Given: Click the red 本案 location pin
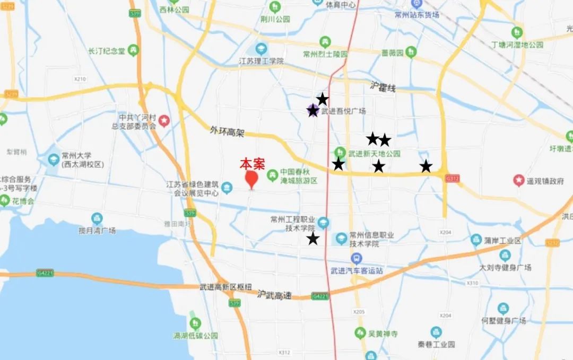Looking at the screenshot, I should [x=251, y=179].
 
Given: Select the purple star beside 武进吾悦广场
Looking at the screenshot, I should [x=313, y=110].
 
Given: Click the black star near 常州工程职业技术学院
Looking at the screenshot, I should [x=313, y=239].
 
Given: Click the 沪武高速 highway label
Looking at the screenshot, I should [x=275, y=294].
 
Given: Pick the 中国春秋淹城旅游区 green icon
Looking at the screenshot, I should [x=272, y=173].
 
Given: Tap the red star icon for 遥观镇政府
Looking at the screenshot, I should [x=519, y=180].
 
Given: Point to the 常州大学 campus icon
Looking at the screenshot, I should [x=54, y=159].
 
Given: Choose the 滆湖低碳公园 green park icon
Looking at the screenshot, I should [x=195, y=323].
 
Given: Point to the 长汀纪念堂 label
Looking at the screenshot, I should [x=106, y=51].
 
